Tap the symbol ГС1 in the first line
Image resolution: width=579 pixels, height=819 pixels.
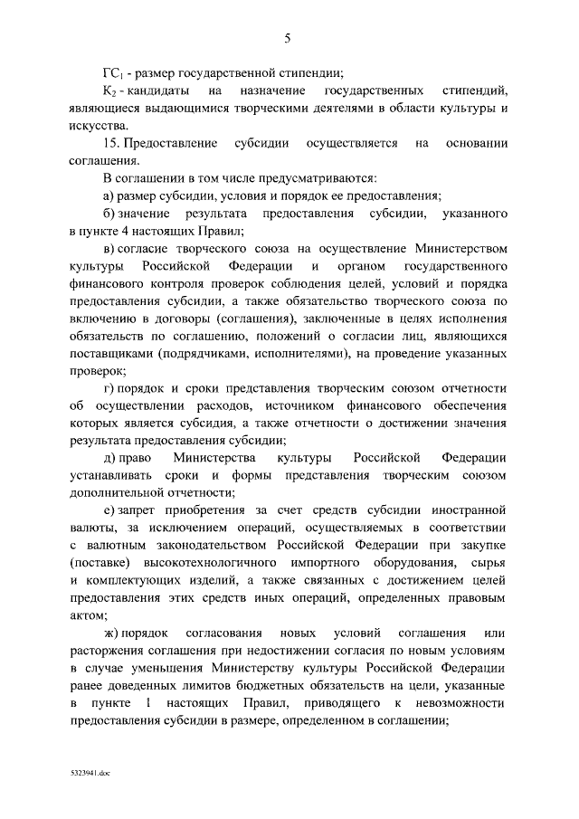112,74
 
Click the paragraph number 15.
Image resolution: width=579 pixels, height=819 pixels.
112,144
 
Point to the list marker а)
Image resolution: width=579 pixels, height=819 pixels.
109,195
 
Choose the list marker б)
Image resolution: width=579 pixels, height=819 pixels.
109,213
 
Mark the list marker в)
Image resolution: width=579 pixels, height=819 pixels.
109,248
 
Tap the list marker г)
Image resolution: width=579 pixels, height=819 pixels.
109,388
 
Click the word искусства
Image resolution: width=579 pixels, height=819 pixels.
99,126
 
